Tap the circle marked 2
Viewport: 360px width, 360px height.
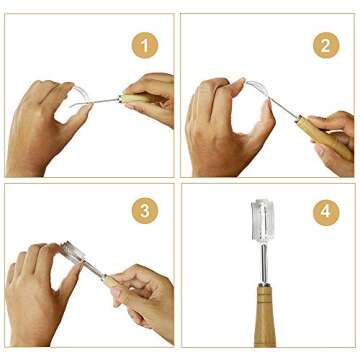[324, 44]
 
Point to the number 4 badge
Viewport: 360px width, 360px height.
[324, 211]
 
